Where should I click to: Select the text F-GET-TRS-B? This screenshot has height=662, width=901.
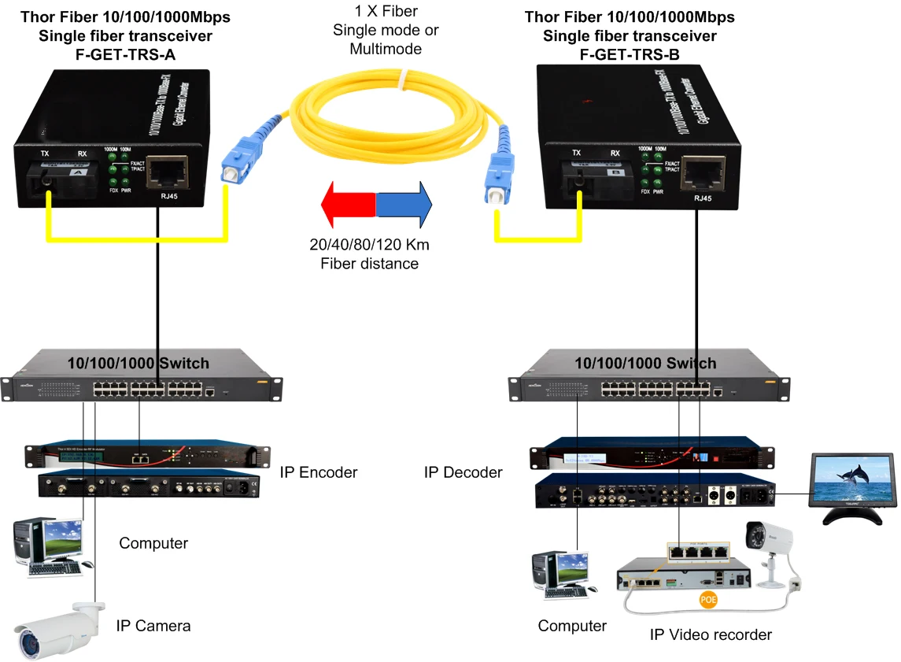click(630, 54)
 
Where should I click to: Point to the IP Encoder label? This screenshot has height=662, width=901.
click(318, 472)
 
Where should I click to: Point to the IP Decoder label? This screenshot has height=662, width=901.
click(463, 472)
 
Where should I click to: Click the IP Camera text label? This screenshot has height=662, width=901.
click(153, 626)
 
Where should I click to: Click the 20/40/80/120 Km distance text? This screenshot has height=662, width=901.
click(369, 245)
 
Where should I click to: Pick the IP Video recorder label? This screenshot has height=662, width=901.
click(711, 634)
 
